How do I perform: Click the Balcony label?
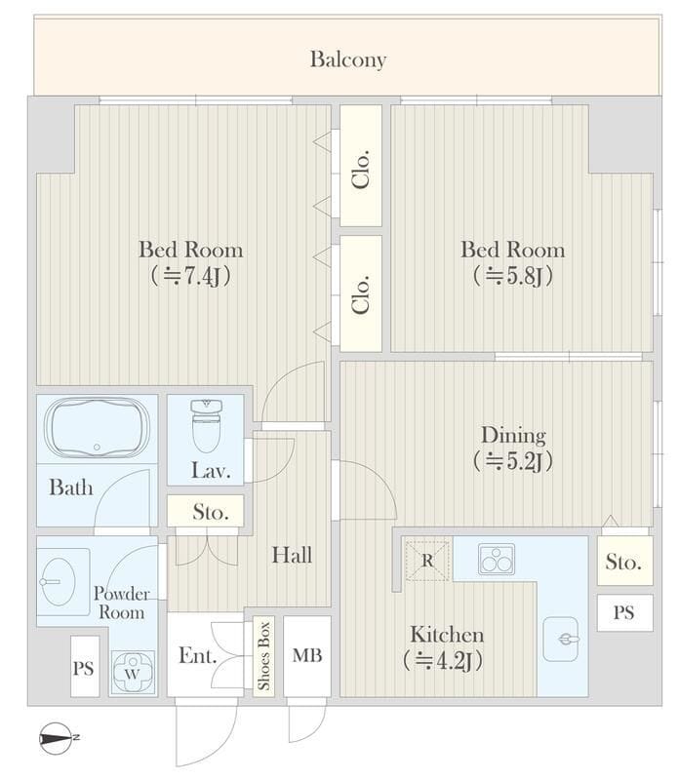348,59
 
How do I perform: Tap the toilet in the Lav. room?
206,425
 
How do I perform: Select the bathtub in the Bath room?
97,428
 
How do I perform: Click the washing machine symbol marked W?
133,673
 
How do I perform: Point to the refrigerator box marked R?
427,561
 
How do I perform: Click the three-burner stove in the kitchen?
497,559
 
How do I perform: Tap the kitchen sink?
561,640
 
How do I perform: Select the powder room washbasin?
59,581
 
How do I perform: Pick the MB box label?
307,655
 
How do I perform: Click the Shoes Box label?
263,655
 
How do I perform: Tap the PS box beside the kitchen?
624,612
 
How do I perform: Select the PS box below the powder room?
85,666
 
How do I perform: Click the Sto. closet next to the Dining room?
624,560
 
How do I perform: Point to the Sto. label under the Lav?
211,512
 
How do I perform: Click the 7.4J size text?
191,276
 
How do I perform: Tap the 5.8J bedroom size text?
513,276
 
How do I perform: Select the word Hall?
292,555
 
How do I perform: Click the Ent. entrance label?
198,655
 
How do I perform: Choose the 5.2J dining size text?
513,461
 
